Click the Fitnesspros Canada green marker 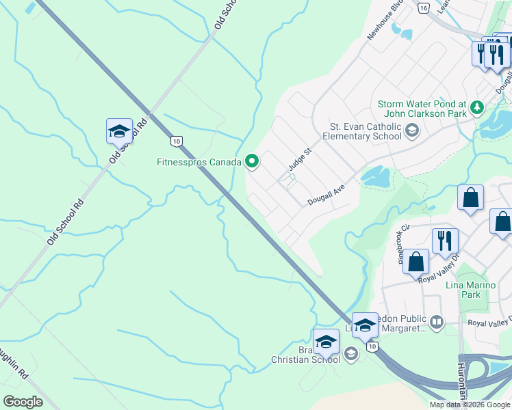click(252, 161)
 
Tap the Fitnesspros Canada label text click(199, 162)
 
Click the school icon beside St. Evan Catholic click(412, 130)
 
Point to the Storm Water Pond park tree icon click(476, 107)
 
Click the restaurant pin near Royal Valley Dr click(445, 241)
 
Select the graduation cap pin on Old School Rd click(119, 131)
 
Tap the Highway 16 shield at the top click(424, 8)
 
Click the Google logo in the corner click(23, 401)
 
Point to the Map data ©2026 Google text click(469, 405)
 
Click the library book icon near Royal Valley click(436, 320)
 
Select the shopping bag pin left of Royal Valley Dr click(415, 261)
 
